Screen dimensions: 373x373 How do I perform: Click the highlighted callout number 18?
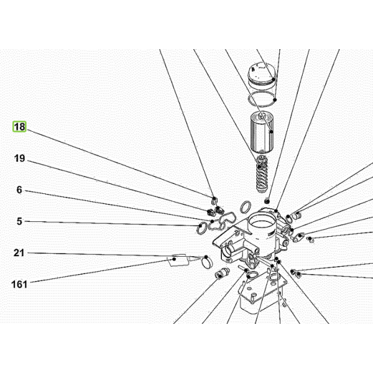19,127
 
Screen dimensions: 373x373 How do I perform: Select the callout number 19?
19,158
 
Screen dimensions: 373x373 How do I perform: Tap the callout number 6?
19,190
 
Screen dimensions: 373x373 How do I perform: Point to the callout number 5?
19,221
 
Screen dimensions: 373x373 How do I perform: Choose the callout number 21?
19,253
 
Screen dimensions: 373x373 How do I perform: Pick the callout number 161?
19,285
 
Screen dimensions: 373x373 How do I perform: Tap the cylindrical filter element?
262,132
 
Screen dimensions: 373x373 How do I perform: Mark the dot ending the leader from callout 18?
214,198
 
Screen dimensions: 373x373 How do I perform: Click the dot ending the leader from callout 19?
210,211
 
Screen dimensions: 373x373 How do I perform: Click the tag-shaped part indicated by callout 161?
178,260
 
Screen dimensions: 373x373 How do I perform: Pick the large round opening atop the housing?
262,223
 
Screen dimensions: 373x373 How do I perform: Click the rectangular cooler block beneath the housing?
262,293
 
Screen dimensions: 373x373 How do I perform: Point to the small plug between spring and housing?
267,201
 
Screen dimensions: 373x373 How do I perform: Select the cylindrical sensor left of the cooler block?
222,273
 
